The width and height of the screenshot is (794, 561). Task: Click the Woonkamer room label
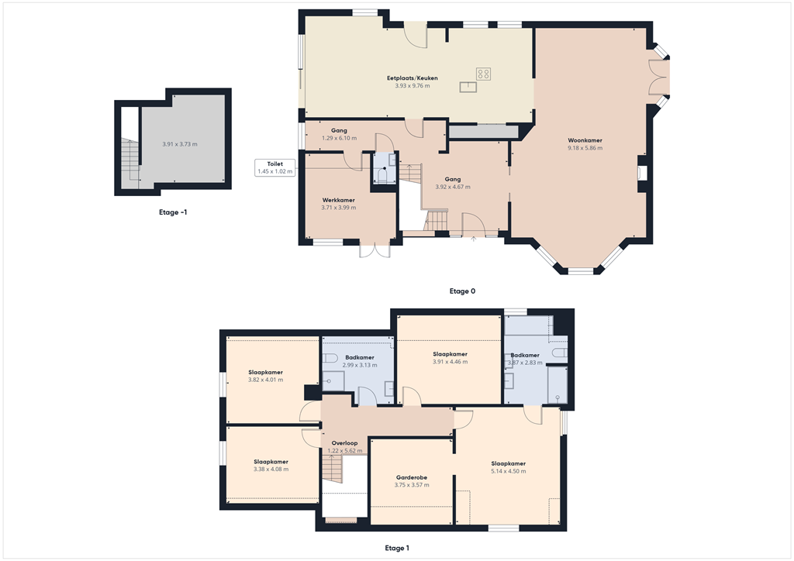tap(585, 140)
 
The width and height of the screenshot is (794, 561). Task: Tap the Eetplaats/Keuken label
tap(412, 78)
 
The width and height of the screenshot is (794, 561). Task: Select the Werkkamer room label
tap(338, 200)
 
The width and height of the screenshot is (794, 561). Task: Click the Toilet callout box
tap(274, 167)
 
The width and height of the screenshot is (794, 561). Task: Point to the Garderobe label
tap(411, 477)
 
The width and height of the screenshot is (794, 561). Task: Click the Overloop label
tap(344, 443)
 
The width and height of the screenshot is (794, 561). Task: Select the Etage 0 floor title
tap(462, 291)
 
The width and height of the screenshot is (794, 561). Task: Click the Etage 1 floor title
tap(396, 548)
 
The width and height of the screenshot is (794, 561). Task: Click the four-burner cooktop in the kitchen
tap(484, 74)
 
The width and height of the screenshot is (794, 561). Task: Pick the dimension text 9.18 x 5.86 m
tap(585, 148)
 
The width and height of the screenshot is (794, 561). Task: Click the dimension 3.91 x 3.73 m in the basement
tap(180, 144)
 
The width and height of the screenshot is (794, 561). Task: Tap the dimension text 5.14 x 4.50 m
tap(509, 471)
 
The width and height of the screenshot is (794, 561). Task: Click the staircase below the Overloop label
tap(332, 470)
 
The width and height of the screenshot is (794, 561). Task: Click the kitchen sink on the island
tap(469, 87)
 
